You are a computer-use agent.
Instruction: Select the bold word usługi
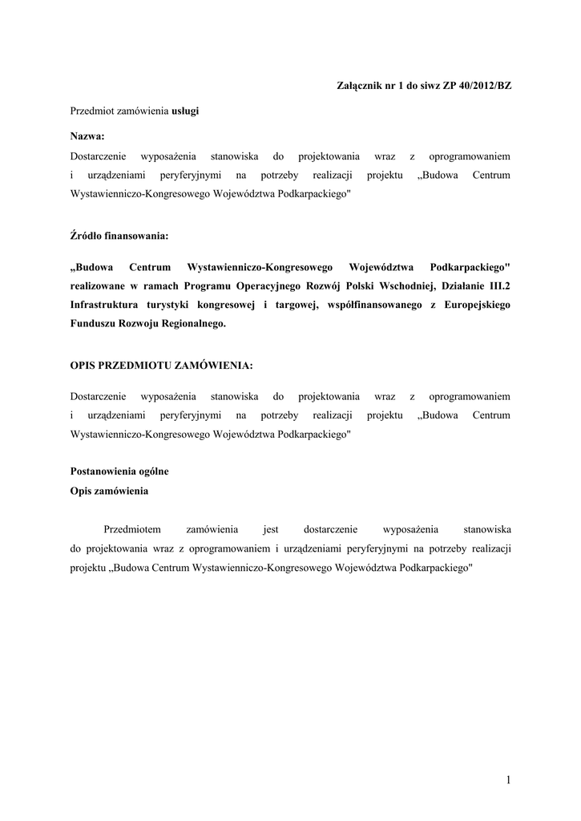(x=185, y=111)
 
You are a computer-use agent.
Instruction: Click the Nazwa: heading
(x=87, y=136)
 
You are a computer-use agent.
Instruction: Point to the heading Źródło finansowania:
(x=119, y=237)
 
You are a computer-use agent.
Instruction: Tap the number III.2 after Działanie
(x=496, y=285)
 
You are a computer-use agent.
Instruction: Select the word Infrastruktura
(x=107, y=305)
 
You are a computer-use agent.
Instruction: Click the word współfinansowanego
(x=351, y=305)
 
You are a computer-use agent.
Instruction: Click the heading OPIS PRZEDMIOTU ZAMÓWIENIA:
(x=162, y=365)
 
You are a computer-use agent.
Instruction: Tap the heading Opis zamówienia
(x=109, y=490)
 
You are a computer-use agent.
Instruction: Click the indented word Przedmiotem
(x=133, y=529)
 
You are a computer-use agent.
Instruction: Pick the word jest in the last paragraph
(x=270, y=529)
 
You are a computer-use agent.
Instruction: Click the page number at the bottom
(x=508, y=779)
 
